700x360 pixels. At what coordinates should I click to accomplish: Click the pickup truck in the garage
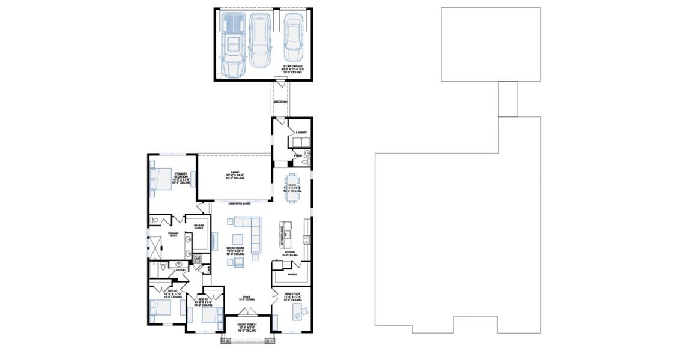click(232, 44)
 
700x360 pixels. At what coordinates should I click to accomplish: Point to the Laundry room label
click(301, 133)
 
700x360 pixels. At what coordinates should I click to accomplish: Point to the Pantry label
click(292, 274)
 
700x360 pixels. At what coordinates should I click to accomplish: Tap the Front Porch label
click(247, 328)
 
